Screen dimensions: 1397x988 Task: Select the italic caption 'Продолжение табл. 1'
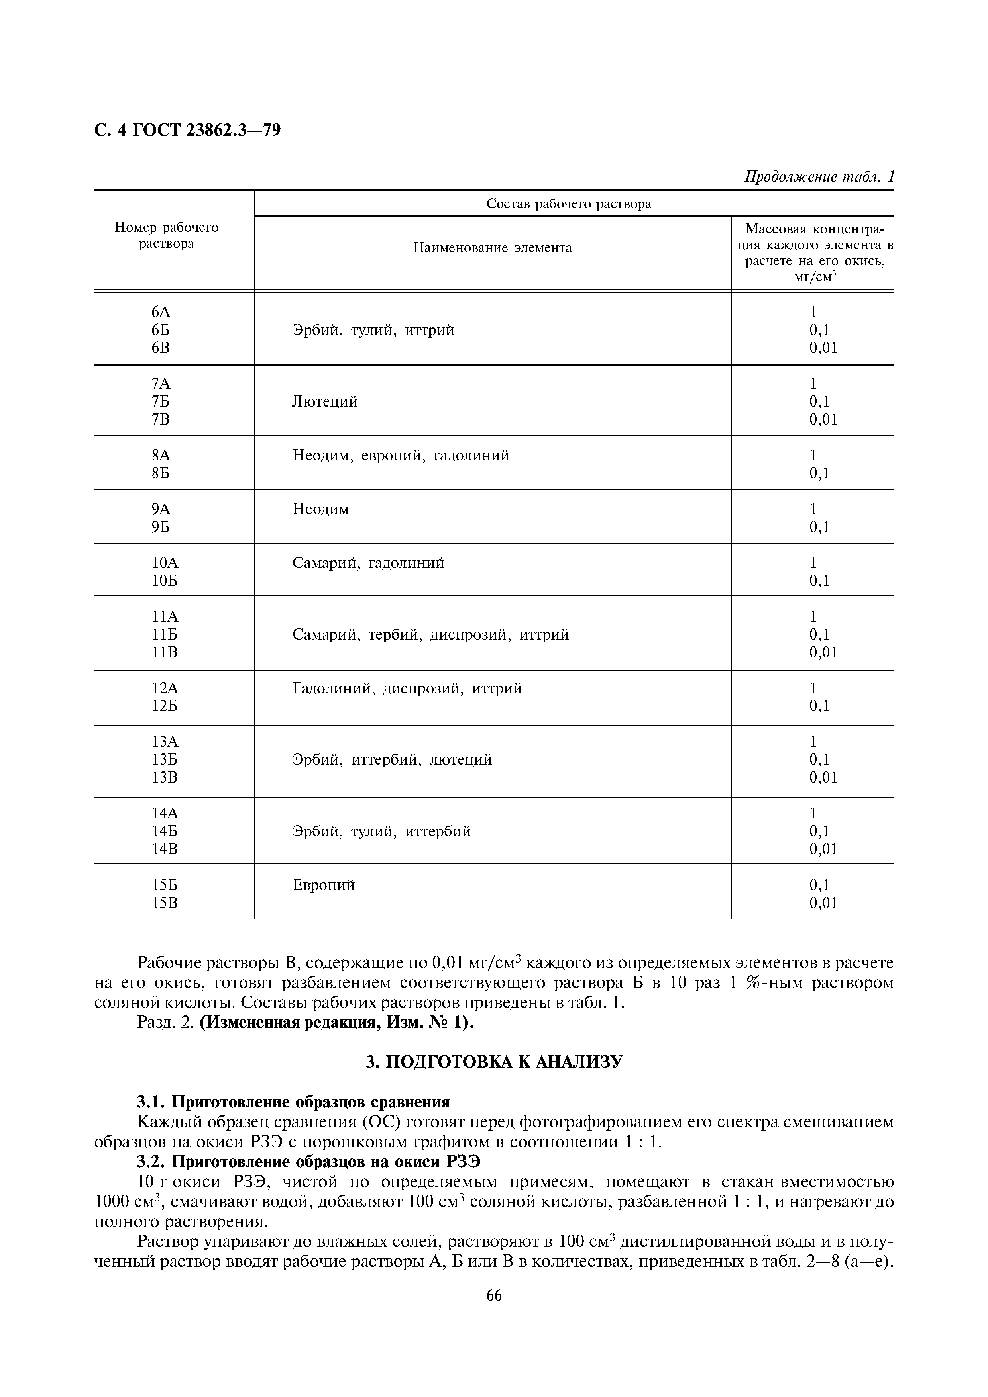(x=819, y=177)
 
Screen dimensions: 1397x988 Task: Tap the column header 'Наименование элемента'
(x=492, y=248)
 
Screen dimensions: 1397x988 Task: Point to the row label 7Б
(x=161, y=401)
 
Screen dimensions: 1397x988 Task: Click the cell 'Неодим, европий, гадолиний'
(x=401, y=455)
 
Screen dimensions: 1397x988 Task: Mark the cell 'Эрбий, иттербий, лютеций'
(x=392, y=759)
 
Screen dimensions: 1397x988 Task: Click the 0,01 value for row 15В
(x=823, y=903)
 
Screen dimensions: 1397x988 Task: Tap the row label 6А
(x=161, y=312)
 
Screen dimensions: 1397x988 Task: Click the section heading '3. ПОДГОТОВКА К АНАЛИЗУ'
(x=494, y=1062)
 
